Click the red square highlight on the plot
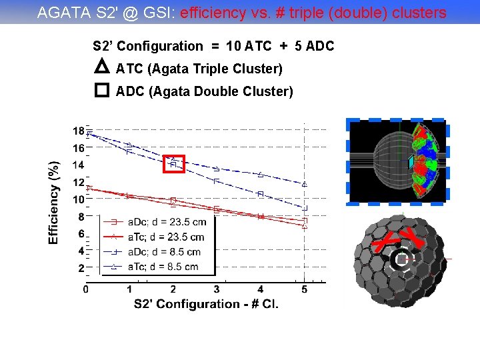pyautogui.click(x=173, y=163)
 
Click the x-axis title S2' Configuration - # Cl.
pyautogui.click(x=206, y=304)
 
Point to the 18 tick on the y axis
pyautogui.click(x=79, y=130)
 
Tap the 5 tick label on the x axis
pyautogui.click(x=304, y=289)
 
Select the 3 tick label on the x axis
pyautogui.click(x=216, y=289)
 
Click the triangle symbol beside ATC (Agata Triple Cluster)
pyautogui.click(x=101, y=67)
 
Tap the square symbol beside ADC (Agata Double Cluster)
pyautogui.click(x=101, y=90)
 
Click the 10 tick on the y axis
pyautogui.click(x=79, y=199)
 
